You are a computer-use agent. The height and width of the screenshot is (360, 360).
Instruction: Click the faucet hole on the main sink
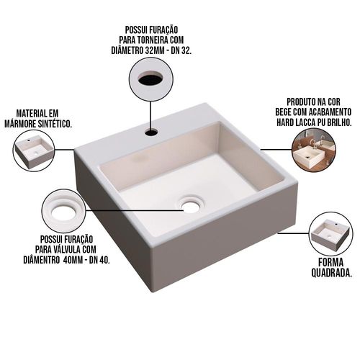click(151, 132)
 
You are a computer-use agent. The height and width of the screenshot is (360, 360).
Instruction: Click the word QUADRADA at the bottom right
click(331, 273)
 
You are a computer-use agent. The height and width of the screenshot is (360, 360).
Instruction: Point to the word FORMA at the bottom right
click(330, 262)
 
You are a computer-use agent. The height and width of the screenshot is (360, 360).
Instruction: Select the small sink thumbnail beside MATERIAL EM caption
click(34, 150)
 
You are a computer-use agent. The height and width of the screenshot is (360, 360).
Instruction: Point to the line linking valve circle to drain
click(135, 210)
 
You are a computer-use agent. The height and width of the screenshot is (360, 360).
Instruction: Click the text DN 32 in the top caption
click(181, 51)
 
